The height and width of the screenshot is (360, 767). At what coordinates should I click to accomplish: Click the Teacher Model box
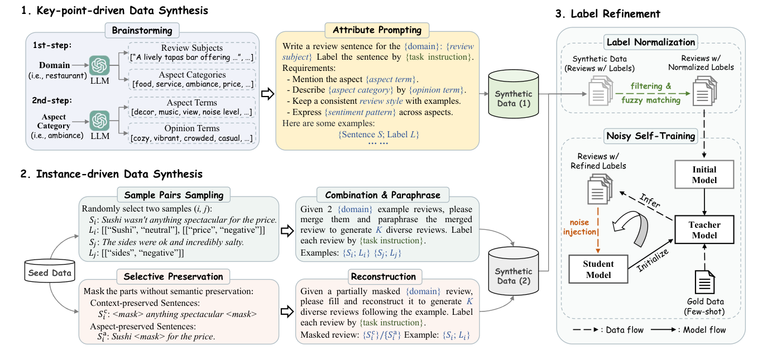704,229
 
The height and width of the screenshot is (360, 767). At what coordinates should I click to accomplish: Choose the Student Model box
598,269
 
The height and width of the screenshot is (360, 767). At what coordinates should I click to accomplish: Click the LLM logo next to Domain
100,66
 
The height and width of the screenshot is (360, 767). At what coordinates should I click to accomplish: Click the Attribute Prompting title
377,30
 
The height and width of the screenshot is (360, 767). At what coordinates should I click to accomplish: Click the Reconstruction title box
383,276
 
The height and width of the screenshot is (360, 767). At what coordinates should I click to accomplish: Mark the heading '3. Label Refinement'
615,14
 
